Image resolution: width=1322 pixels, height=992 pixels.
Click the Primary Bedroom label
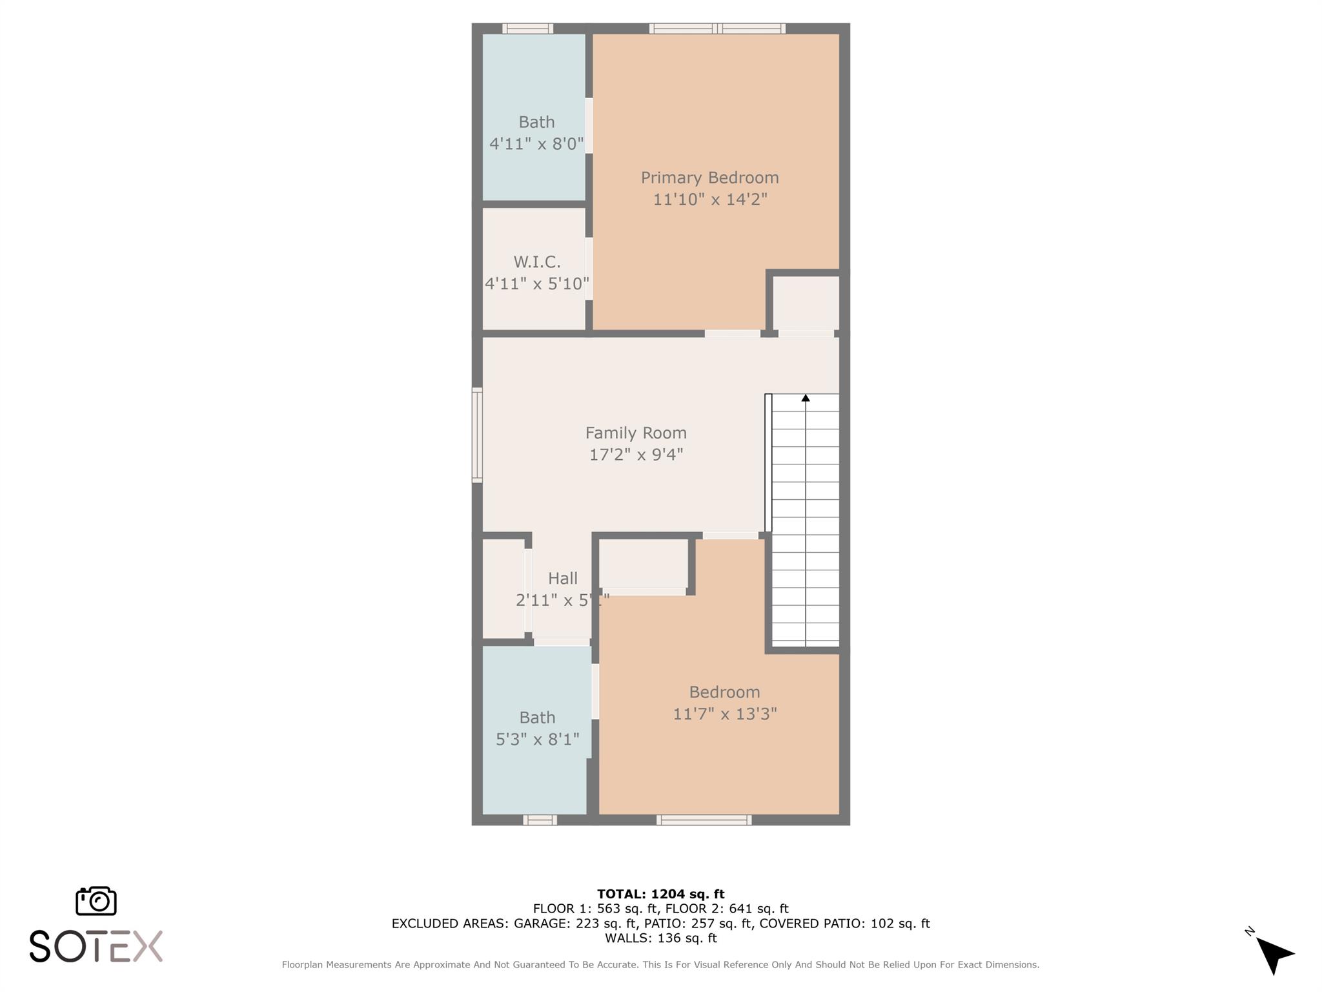point(709,178)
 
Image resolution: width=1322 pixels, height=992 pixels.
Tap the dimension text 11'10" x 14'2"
point(709,199)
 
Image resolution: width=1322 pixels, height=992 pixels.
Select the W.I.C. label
point(536,262)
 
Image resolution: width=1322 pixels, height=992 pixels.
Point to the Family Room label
point(636,433)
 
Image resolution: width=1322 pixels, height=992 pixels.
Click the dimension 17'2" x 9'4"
point(636,455)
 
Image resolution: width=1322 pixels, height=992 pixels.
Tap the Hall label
point(562,579)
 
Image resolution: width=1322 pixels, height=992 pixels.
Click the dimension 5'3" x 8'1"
point(537,739)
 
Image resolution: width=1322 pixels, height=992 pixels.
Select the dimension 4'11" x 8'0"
point(536,143)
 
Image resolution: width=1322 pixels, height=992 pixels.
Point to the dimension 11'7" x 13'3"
point(724,714)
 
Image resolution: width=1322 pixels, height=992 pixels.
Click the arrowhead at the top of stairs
point(806,398)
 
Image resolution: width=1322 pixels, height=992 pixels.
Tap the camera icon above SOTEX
point(96,900)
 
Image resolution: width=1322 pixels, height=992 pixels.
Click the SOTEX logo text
point(96,946)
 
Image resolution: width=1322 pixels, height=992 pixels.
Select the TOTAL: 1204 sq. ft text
point(660,894)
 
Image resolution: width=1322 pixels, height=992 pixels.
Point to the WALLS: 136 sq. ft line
point(660,938)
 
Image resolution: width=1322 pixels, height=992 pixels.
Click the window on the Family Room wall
point(477,435)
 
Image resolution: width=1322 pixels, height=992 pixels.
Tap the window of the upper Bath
point(527,28)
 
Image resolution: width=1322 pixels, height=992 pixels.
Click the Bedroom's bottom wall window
point(704,820)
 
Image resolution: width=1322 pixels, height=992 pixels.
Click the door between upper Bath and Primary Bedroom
point(589,125)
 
